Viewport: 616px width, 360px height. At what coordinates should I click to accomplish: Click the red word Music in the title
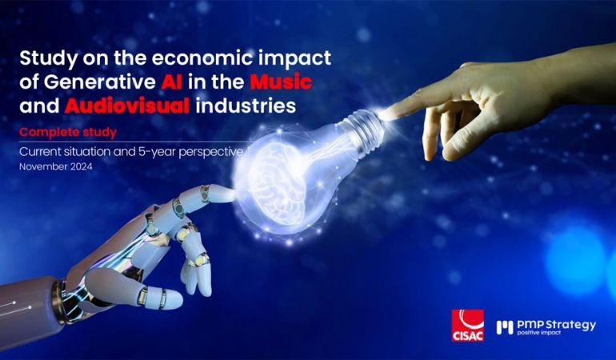coord(281,82)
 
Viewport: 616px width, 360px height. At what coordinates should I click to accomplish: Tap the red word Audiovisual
coord(127,106)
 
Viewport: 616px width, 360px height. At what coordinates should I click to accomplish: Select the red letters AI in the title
coord(171,82)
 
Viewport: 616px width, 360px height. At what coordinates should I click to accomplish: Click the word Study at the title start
coord(49,58)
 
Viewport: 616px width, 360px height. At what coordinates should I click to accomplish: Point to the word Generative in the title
coord(99,82)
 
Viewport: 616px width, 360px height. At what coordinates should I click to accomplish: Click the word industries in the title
coord(246,106)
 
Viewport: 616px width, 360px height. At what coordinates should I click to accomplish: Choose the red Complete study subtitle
coord(68,133)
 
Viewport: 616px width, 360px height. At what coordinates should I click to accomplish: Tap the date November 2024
coord(56,166)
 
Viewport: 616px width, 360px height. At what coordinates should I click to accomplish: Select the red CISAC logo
coord(467,326)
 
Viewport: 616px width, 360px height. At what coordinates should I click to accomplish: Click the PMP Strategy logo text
coord(556,325)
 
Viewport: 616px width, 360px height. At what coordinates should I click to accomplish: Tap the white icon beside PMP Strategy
coord(505,327)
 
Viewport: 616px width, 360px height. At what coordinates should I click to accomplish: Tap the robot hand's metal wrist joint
coord(59,302)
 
